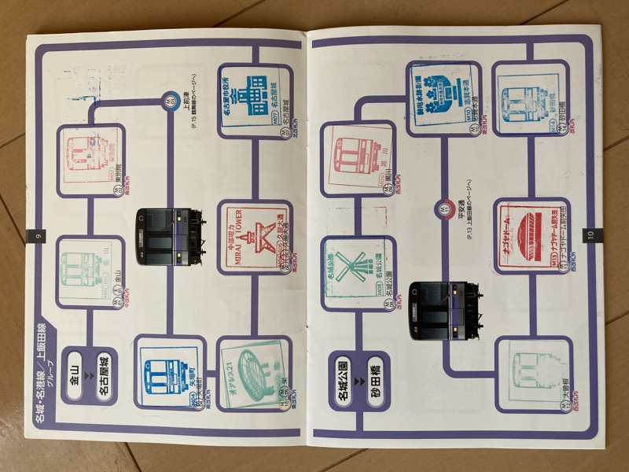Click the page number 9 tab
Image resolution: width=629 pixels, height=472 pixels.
pos(32,234)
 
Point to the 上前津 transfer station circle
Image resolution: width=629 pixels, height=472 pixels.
pos(169,99)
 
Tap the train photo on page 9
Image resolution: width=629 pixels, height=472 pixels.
pos(170,235)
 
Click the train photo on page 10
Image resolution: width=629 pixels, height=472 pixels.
pos(445,309)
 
